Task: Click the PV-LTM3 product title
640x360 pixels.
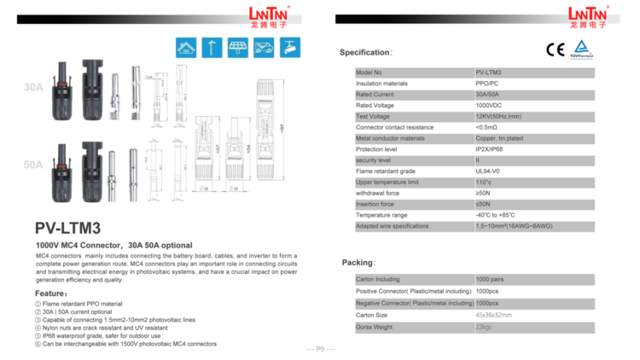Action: (68, 228)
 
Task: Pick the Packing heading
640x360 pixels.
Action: (358, 262)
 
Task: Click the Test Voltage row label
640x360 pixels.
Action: (374, 116)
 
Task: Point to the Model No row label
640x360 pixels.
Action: (369, 73)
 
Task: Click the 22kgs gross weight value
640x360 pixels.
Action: (484, 327)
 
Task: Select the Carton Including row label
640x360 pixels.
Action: (378, 279)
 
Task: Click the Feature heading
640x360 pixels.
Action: (52, 293)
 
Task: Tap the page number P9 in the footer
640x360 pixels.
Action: (319, 349)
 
